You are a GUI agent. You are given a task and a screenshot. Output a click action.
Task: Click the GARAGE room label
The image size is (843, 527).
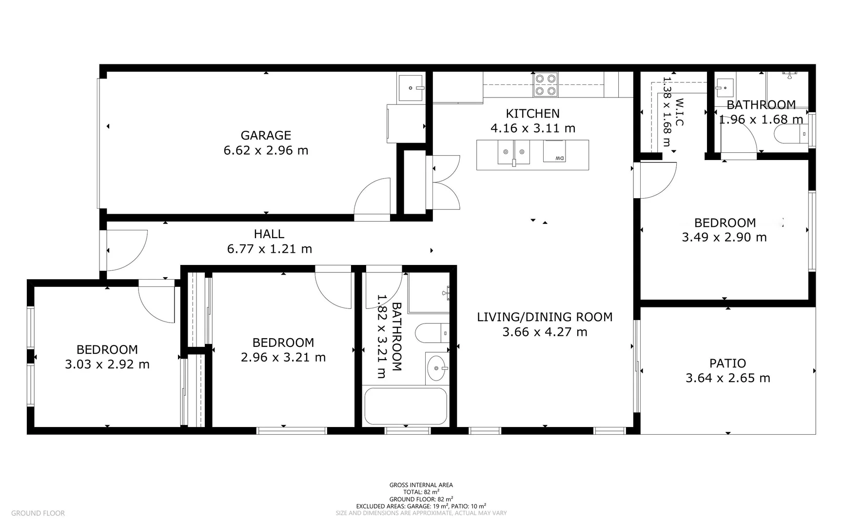coord(266,135)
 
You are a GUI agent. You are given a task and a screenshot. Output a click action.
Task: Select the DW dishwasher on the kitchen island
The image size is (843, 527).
coord(554,151)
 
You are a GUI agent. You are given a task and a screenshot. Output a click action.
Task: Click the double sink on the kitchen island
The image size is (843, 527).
coord(514,152)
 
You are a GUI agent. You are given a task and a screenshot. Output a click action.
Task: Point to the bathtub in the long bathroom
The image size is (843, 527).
coord(406,406)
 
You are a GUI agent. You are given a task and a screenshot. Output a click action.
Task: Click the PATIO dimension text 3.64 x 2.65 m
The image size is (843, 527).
coord(727,378)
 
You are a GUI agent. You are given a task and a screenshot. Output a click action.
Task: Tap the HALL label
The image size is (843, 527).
coord(269,234)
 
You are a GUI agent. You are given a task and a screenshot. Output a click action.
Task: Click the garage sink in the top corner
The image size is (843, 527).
coord(410,88)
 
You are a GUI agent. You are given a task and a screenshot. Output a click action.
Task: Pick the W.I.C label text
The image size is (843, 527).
coord(679,112)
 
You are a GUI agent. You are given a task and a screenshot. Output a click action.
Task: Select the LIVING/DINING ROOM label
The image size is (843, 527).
coord(545,317)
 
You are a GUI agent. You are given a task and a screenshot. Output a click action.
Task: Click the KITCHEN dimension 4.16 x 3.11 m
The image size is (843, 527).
coord(532,128)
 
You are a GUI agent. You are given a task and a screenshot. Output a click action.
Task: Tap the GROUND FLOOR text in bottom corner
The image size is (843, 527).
coord(38,513)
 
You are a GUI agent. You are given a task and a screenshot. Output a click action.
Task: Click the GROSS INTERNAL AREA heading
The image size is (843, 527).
coord(421,485)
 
